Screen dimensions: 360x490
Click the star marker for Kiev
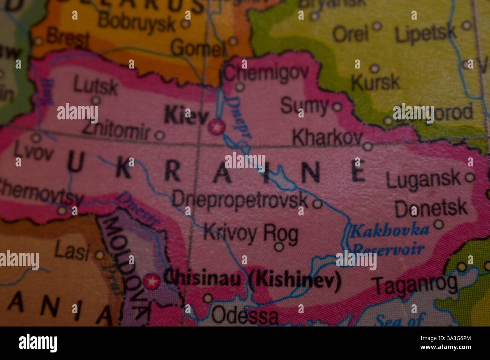pyautogui.click(x=216, y=127)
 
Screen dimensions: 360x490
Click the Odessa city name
pyautogui.click(x=244, y=316)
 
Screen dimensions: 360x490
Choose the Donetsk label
pyautogui.click(x=431, y=209)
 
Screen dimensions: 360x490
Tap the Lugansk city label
pyautogui.click(x=424, y=180)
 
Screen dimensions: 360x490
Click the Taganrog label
pyautogui.click(x=415, y=285)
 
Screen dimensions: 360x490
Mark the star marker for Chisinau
pyautogui.click(x=152, y=281)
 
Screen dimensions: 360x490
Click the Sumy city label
pyautogui.click(x=305, y=106)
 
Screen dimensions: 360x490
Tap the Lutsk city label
pyautogui.click(x=95, y=86)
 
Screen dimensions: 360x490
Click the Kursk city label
pyautogui.click(x=375, y=82)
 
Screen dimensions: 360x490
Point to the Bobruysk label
pyautogui.click(x=137, y=23)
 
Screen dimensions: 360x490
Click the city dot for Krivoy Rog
pyautogui.click(x=279, y=247)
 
